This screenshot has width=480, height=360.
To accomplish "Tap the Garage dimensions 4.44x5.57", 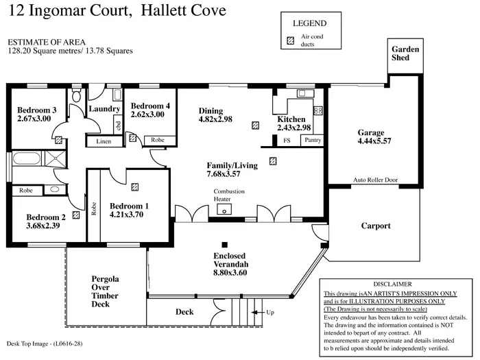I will (x=374, y=141).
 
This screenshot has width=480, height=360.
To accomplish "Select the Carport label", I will (x=376, y=226).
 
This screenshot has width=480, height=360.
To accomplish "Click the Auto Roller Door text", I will (x=375, y=180).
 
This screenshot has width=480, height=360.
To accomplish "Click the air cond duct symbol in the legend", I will (x=290, y=40).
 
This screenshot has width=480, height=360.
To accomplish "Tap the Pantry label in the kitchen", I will (x=312, y=140).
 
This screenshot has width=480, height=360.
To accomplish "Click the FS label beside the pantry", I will (x=287, y=140).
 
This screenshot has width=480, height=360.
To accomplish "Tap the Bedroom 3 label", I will (x=36, y=110).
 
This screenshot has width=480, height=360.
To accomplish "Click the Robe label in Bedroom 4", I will (x=158, y=140).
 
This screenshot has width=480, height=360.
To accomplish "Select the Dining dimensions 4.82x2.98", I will (x=215, y=119).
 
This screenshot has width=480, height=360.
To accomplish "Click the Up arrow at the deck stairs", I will (x=260, y=312).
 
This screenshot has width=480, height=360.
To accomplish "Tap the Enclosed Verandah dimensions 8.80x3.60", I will (x=229, y=272).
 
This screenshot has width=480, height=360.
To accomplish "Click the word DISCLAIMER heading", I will (x=392, y=283).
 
